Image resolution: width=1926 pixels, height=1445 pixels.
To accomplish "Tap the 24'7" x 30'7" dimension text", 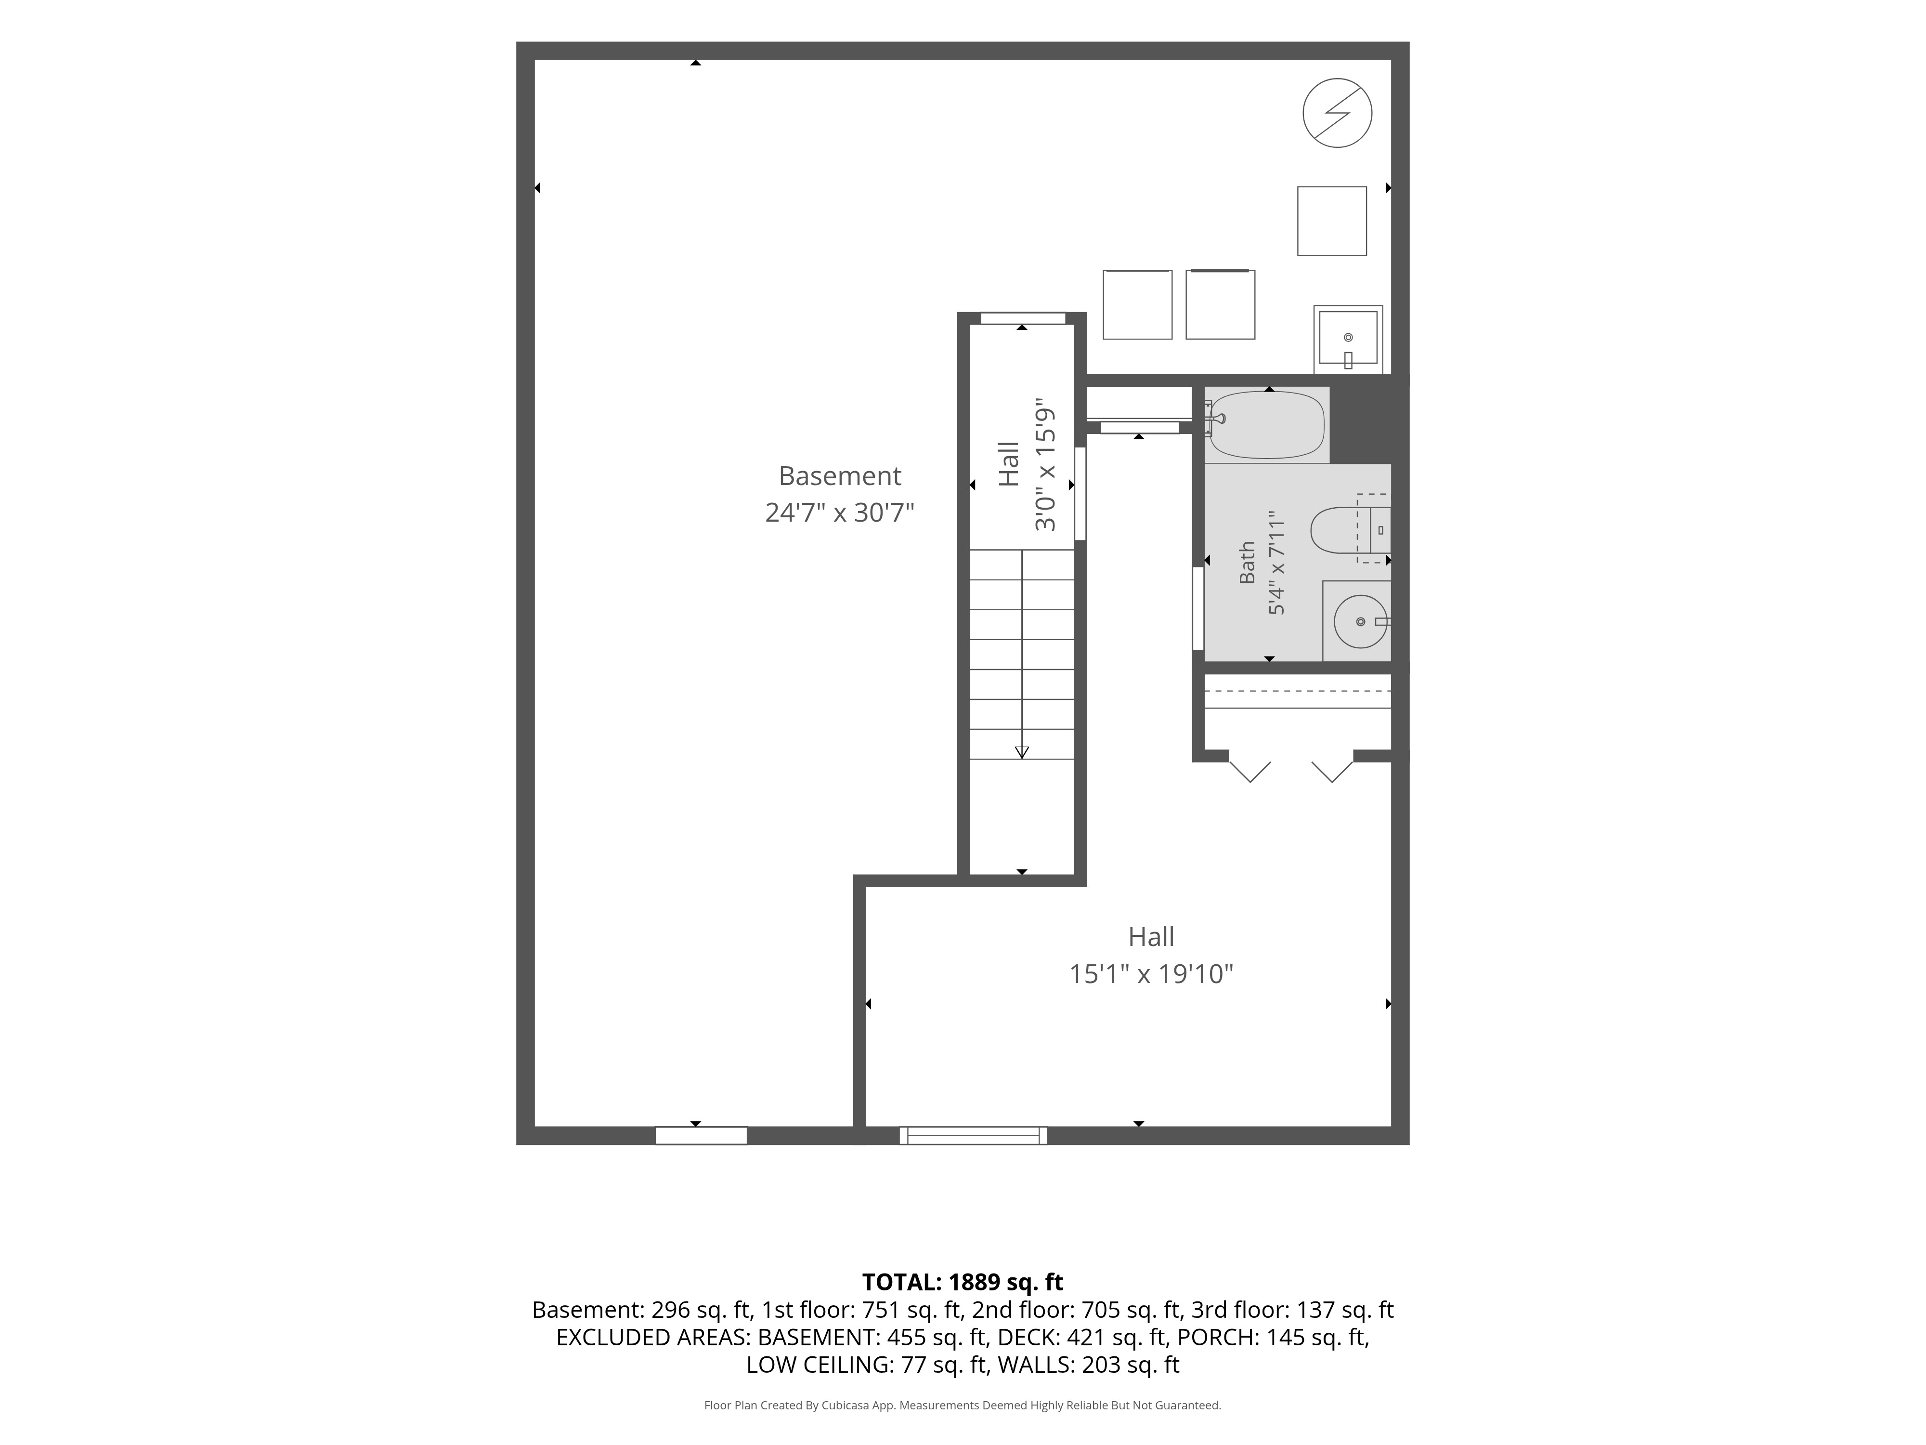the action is tap(839, 512).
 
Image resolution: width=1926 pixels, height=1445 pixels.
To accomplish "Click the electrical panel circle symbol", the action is tap(1338, 113).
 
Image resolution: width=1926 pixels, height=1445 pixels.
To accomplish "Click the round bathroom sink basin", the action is tap(1360, 621).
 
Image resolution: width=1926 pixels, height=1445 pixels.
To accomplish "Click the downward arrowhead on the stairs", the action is tap(1022, 752).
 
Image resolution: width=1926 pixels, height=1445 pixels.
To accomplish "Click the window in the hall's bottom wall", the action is tap(974, 1135).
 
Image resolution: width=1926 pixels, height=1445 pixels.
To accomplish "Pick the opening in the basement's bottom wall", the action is tap(701, 1135).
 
